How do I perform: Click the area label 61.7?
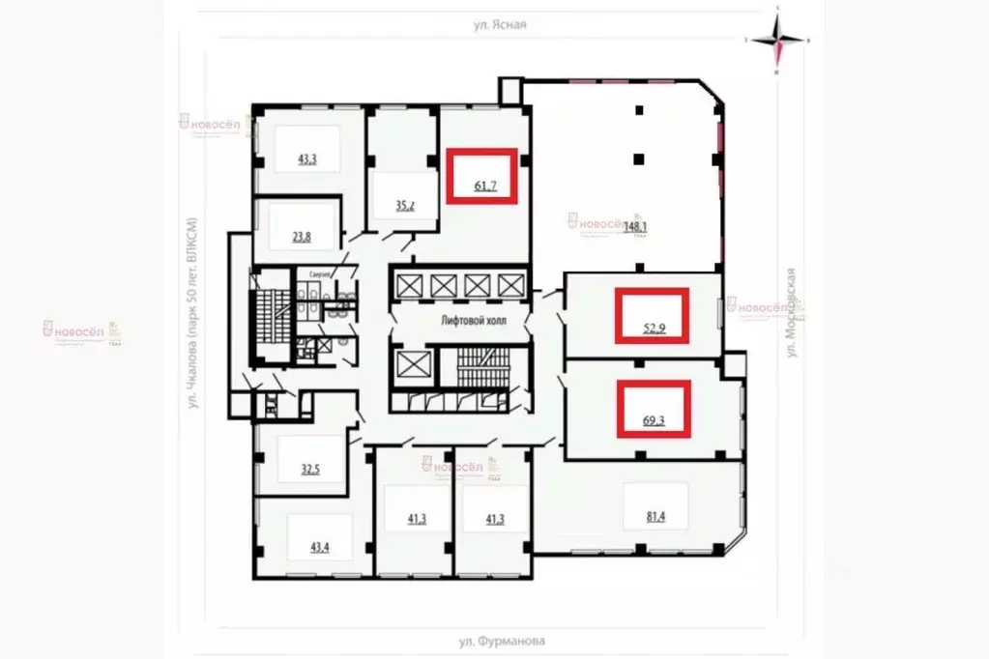(485, 186)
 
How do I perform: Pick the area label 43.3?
(307, 159)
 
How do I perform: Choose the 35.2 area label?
(405, 205)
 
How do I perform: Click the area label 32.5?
(309, 471)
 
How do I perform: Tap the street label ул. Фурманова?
(502, 641)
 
